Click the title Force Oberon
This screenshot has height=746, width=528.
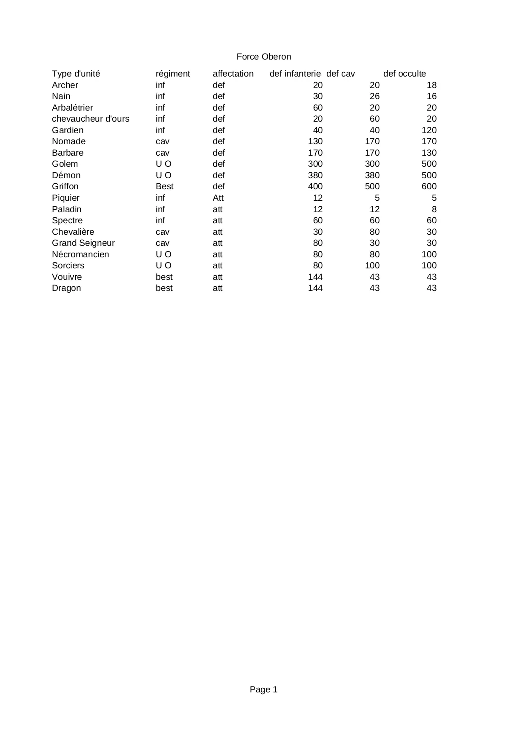click(264, 57)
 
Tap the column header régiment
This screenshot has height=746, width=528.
click(173, 74)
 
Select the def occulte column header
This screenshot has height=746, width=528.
click(404, 74)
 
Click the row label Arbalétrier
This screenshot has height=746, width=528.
click(72, 108)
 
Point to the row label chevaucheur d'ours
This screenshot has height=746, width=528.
click(91, 119)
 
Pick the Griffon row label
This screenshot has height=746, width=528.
click(65, 186)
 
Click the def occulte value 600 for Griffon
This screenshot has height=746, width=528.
click(429, 186)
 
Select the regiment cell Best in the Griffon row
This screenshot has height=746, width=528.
click(165, 186)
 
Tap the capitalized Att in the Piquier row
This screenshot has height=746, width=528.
click(218, 198)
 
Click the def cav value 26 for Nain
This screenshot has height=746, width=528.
click(374, 96)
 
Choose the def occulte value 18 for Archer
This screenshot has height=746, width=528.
click(431, 85)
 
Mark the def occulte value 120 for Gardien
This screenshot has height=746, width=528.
click(429, 130)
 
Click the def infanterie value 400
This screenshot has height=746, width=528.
click(315, 186)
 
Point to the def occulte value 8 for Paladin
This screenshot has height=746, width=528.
click(434, 209)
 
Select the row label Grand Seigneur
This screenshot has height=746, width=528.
click(83, 243)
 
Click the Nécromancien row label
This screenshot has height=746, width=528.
click(80, 254)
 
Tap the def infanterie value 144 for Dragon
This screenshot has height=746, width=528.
click(315, 288)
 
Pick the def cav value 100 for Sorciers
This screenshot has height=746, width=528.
click(372, 265)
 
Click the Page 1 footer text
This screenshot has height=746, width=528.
click(264, 689)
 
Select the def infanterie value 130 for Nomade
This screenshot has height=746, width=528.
click(315, 141)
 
